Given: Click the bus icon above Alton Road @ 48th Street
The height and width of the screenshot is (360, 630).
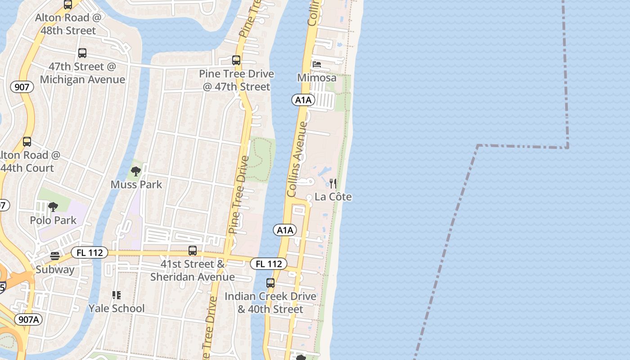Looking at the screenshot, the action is pyautogui.click(x=68, y=5).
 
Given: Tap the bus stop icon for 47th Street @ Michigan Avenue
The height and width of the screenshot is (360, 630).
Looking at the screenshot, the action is pyautogui.click(x=82, y=53).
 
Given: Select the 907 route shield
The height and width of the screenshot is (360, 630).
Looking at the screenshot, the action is pyautogui.click(x=22, y=87).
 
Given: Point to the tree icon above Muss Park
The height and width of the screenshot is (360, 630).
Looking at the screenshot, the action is pyautogui.click(x=136, y=171).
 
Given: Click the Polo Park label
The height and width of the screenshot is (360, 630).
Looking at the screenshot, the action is pyautogui.click(x=53, y=220).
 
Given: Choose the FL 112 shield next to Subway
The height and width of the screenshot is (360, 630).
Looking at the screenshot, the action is pyautogui.click(x=90, y=253).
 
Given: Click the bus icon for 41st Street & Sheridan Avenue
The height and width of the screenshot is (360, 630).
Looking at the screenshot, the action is pyautogui.click(x=193, y=251).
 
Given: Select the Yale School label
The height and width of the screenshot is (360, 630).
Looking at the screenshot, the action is pyautogui.click(x=117, y=309).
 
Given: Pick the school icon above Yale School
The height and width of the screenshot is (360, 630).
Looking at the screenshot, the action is pyautogui.click(x=117, y=295).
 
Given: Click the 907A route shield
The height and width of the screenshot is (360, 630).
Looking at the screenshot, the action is pyautogui.click(x=29, y=320).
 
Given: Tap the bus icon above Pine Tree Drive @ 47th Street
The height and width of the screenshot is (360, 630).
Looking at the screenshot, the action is pyautogui.click(x=236, y=60).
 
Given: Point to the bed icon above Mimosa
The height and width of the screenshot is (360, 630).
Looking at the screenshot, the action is pyautogui.click(x=317, y=65).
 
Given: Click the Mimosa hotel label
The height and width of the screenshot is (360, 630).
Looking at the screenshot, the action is pyautogui.click(x=317, y=78).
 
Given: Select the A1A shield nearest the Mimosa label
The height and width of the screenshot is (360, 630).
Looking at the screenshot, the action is pyautogui.click(x=303, y=100).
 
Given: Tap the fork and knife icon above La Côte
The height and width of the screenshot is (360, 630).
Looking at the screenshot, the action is pyautogui.click(x=333, y=184).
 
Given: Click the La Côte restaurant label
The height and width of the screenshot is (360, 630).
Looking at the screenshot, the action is pyautogui.click(x=333, y=197).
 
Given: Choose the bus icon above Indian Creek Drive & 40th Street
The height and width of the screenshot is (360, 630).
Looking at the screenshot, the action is pyautogui.click(x=270, y=283).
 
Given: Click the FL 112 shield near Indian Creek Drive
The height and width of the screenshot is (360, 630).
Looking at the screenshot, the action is pyautogui.click(x=269, y=264).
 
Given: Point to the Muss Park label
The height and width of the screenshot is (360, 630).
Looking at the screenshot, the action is pyautogui.click(x=136, y=184).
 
